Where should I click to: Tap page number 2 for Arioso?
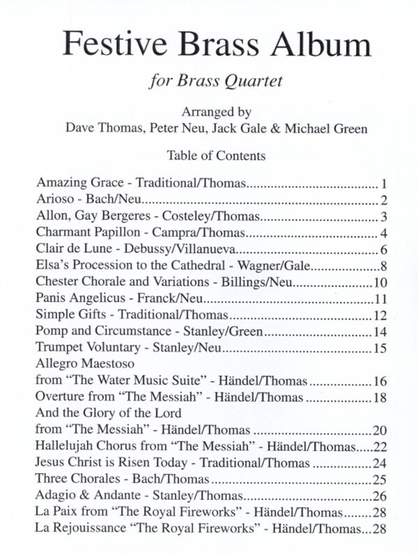click(x=384, y=201)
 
